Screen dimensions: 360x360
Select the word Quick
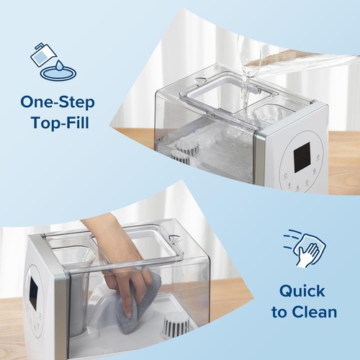click(302, 292)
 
